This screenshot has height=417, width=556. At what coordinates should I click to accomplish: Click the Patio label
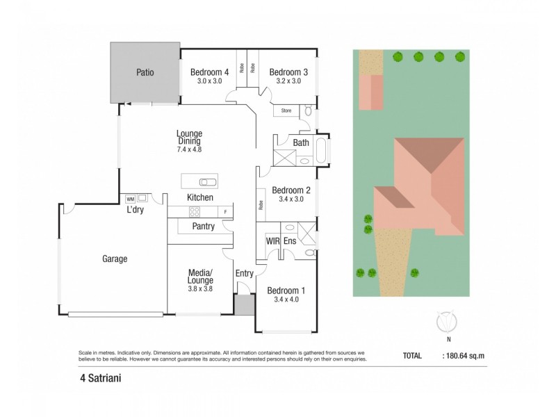click(x=145, y=72)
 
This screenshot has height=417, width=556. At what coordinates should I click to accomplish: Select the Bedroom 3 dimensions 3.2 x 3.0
click(x=288, y=81)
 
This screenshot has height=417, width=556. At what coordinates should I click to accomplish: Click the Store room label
click(x=286, y=111)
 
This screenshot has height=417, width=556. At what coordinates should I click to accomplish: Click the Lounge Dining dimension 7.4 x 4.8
click(x=189, y=149)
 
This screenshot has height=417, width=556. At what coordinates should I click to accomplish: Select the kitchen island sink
click(x=207, y=182)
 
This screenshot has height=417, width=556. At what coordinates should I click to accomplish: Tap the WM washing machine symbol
click(x=130, y=198)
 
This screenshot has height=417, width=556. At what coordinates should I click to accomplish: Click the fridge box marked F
click(x=226, y=211)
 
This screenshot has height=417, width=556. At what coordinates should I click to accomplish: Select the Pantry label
click(x=203, y=227)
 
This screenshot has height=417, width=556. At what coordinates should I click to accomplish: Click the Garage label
click(x=115, y=259)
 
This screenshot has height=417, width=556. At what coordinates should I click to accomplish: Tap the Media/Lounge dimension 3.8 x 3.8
click(x=199, y=288)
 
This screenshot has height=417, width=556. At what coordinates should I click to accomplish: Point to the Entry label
click(x=245, y=273)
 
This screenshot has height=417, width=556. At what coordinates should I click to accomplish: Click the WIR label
click(x=272, y=240)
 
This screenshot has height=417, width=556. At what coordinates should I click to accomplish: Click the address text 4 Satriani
click(x=98, y=379)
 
